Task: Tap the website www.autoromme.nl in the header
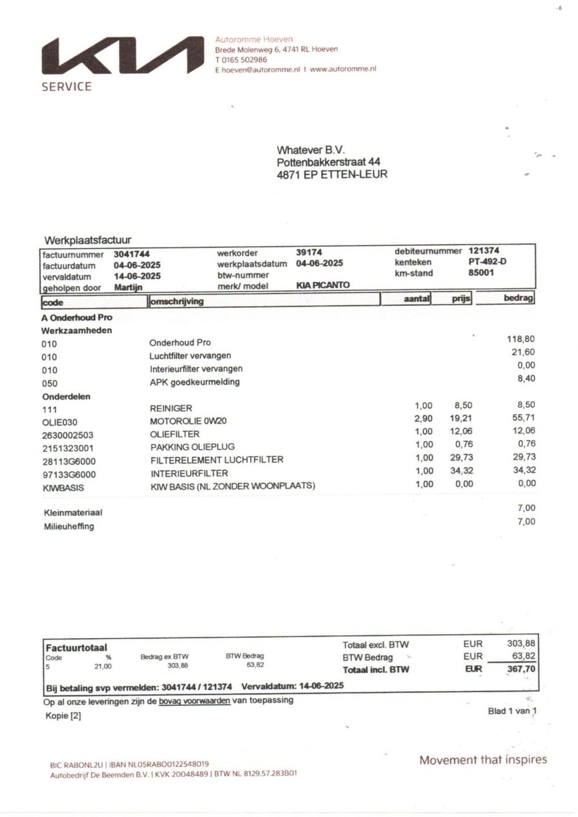[343, 69]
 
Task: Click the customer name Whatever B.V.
[311, 150]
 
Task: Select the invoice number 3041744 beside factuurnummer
[131, 254]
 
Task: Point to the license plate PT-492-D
[487, 261]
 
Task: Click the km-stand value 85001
[481, 272]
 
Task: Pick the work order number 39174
[309, 252]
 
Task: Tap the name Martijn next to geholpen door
[128, 287]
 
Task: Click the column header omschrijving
[177, 301]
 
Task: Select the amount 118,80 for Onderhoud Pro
[521, 339]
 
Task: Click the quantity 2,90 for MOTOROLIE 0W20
[423, 419]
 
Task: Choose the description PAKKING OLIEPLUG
[193, 447]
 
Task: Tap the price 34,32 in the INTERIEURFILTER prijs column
[461, 471]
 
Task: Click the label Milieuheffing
[69, 526]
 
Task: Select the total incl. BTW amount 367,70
[521, 669]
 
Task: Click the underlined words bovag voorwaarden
[194, 701]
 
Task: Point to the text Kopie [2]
[63, 716]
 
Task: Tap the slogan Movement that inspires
[483, 760]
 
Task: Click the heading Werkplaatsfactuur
[88, 240]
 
